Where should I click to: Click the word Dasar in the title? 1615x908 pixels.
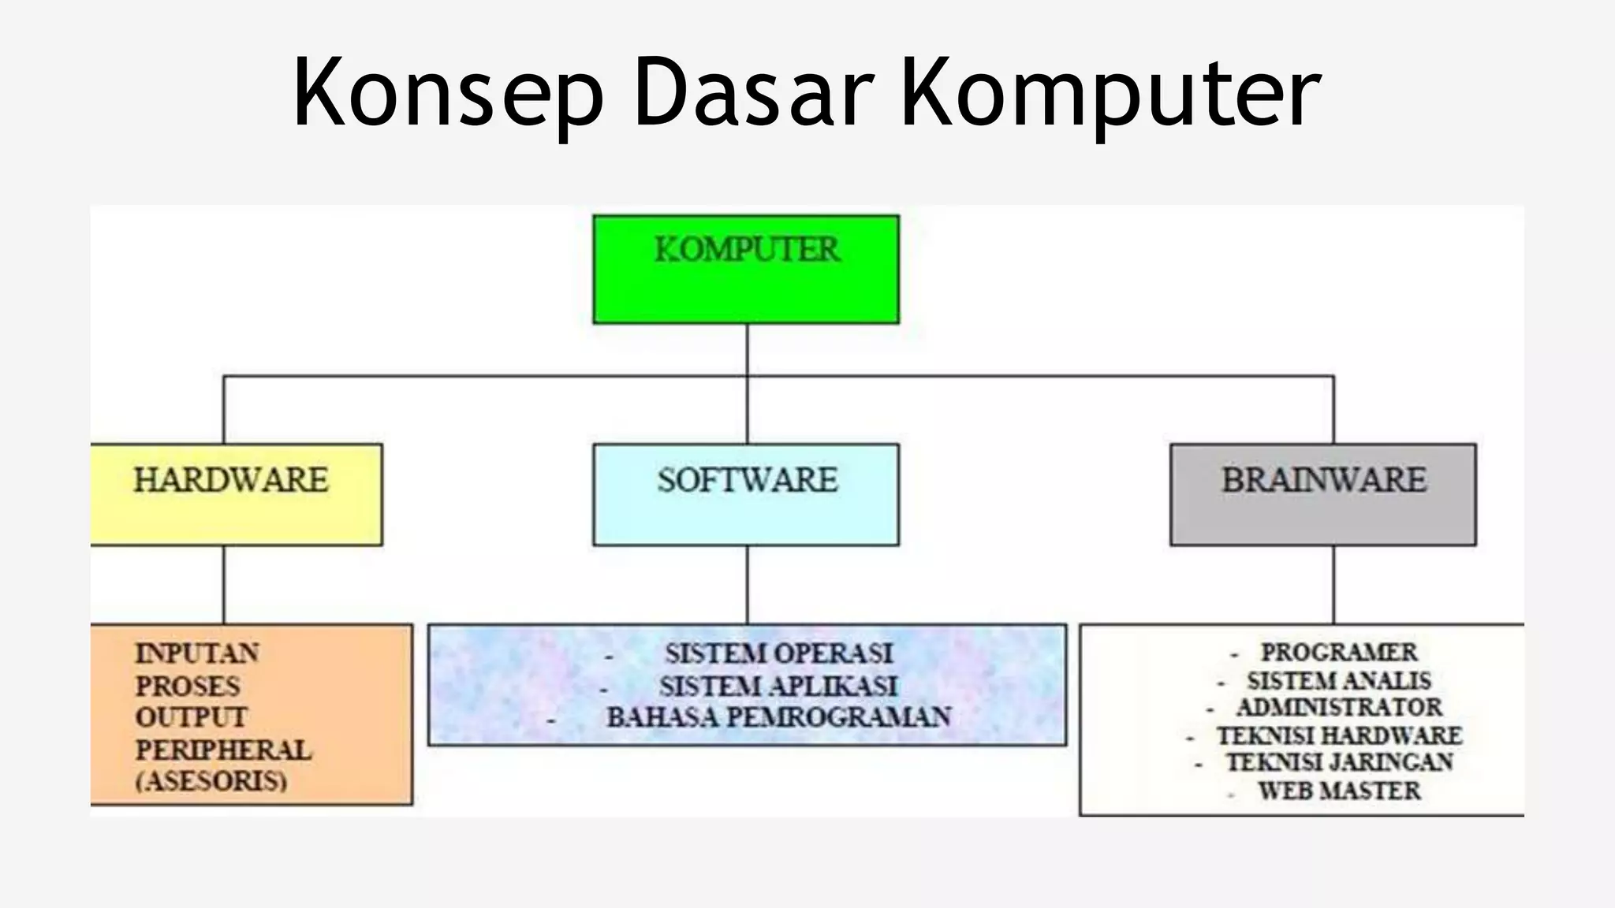coord(752,93)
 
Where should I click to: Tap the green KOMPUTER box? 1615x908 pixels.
coord(746,269)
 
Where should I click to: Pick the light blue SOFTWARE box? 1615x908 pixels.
coord(746,494)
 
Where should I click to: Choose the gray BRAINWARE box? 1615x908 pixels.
coord(1323,494)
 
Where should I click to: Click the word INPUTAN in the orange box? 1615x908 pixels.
coord(197,653)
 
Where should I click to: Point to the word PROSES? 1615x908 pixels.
coord(188,687)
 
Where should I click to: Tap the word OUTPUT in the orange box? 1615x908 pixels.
coord(191,718)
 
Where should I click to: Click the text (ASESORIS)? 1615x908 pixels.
coord(211,781)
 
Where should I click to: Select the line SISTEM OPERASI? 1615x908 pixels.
coord(778,653)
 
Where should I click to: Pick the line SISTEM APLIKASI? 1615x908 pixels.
coord(778,687)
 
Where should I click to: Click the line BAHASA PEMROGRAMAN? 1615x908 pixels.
coord(778,718)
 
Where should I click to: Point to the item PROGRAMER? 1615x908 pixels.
coord(1339,653)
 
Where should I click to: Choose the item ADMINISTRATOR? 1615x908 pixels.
coord(1339,707)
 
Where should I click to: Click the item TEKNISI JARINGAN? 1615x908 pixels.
coord(1339,762)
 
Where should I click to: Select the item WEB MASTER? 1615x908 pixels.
coord(1339,791)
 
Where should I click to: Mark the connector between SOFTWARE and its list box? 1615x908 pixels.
coord(747,584)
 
